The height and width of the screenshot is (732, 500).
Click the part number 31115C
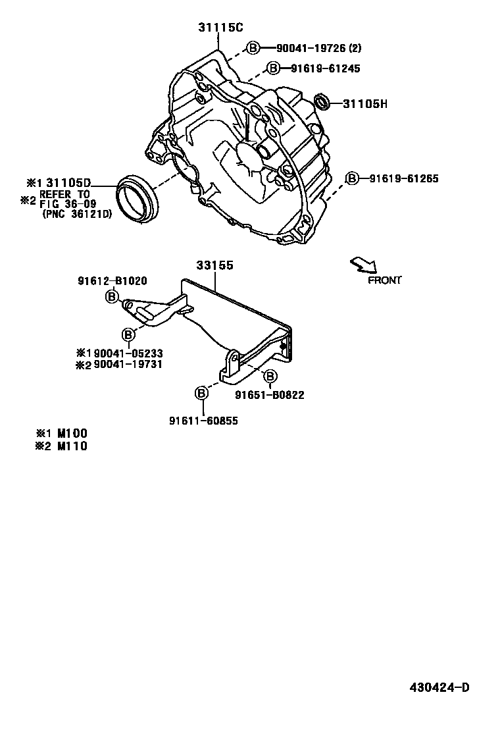tap(220, 28)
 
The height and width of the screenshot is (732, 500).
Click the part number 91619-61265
tap(403, 178)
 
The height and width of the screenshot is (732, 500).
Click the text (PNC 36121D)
tap(77, 213)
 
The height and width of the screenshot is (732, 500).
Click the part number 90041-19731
tap(128, 363)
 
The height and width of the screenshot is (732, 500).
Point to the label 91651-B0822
tap(270, 395)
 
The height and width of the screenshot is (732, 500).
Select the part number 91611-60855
tap(204, 421)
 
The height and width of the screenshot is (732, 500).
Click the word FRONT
tap(384, 280)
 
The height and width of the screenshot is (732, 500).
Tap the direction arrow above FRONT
tap(364, 265)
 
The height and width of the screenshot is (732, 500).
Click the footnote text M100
tap(72, 433)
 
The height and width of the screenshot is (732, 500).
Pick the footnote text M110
tap(72, 446)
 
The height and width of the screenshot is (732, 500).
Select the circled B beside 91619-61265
tap(353, 178)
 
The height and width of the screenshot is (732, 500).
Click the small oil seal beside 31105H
tap(322, 102)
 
